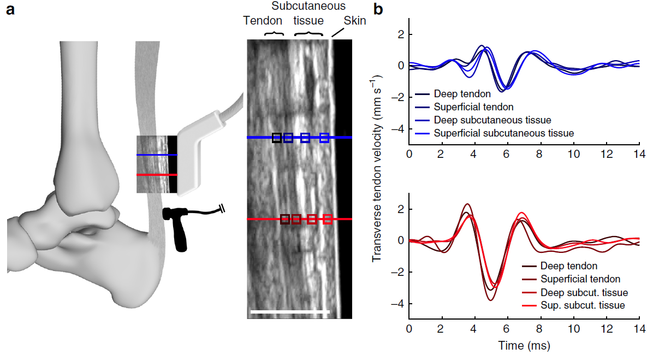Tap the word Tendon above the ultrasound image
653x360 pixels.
pos(263,21)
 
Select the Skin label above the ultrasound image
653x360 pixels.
pos(354,21)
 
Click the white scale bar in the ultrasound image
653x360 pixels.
pos(290,312)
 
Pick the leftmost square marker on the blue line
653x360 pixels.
pos(277,138)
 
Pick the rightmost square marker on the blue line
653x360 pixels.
pos(324,138)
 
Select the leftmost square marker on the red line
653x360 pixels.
pos(284,219)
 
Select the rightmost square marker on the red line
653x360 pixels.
pos(328,219)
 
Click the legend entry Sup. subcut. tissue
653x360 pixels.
pos(583,305)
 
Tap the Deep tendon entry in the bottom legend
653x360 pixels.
pos(568,266)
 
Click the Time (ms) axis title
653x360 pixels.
pos(524,345)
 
